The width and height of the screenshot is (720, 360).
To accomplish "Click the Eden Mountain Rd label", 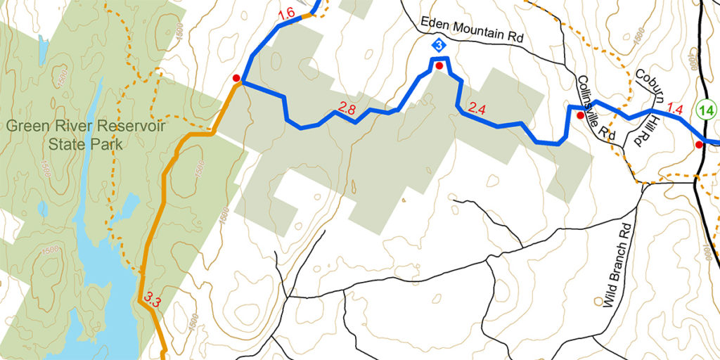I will click(472, 30).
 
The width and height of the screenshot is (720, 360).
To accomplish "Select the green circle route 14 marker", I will click(706, 110).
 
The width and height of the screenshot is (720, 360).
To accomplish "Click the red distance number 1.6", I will click(286, 14).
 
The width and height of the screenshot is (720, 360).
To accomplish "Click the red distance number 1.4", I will click(674, 109).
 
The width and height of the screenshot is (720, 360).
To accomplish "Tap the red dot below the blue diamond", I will click(439, 66).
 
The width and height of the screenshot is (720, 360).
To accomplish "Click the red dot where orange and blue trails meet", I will click(236, 78).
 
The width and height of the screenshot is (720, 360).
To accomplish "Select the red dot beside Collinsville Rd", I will click(580, 115).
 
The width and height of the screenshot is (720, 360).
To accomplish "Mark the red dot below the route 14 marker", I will click(699, 145).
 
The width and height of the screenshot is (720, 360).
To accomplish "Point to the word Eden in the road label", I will click(435, 24).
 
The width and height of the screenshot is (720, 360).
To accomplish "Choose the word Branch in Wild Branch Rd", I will click(617, 264).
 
